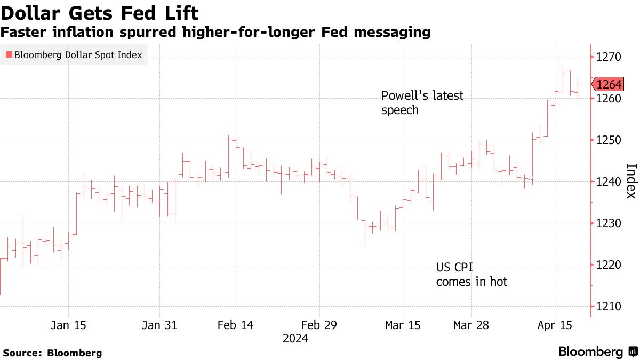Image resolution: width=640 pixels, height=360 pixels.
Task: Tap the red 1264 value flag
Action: tap(609, 84)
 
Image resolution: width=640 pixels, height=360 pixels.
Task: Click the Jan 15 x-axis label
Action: tap(69, 325)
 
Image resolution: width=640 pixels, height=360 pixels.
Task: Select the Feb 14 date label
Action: tap(236, 325)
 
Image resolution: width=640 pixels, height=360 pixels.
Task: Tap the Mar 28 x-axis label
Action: tap(471, 325)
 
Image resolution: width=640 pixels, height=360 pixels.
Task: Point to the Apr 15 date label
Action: tap(555, 325)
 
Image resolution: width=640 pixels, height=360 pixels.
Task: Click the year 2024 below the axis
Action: tap(295, 339)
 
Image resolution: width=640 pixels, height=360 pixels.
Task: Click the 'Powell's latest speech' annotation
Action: tap(422, 103)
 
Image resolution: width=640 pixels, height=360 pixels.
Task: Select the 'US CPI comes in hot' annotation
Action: tap(471, 274)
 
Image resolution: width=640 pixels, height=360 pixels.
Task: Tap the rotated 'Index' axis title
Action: tap(630, 181)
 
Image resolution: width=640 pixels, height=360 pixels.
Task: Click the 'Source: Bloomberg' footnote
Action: tap(52, 353)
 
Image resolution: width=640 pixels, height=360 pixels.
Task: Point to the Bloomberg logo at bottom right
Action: tap(597, 352)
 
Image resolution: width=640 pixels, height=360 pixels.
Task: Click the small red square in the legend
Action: tap(9, 55)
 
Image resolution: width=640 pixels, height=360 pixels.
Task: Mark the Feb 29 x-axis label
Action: tap(319, 325)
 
